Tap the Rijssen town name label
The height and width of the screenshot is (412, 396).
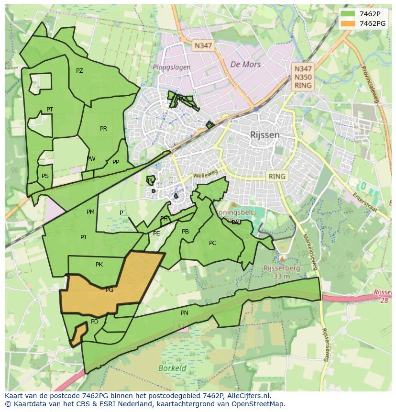pos(265,135)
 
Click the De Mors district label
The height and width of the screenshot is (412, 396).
pos(245,65)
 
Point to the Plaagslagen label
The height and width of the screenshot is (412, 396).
pos(172,67)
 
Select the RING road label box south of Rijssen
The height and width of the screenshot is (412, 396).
pos(276,176)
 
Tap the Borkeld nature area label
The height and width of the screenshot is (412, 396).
pos(172,368)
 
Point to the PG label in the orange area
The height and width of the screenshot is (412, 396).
pos(110,290)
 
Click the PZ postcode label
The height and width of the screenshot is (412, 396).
pos(79,71)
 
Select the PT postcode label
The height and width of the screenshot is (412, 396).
pos(50,110)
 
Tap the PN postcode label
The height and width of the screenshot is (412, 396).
pos(185,313)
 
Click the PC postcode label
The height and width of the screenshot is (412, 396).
pos(213,243)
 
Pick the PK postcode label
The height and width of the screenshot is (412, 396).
pos(99,264)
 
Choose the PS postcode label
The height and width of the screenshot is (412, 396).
pos(45,176)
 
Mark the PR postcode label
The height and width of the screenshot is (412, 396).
pos(103,128)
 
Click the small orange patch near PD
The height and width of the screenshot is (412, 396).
pos(78,334)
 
